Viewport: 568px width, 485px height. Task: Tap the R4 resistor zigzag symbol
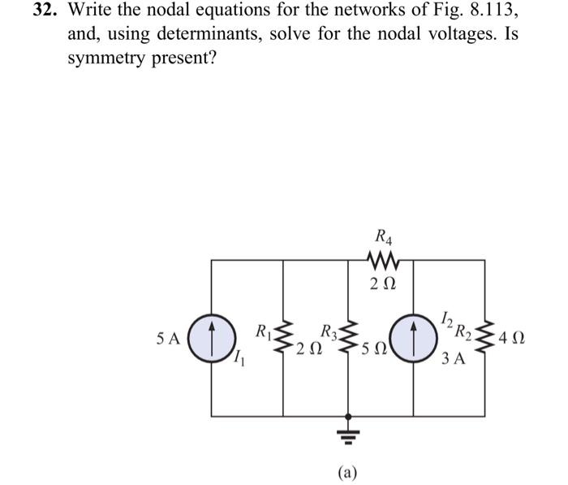pos(382,261)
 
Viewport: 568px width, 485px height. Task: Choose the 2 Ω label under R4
pos(382,284)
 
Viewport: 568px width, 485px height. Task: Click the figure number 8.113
pos(484,11)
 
